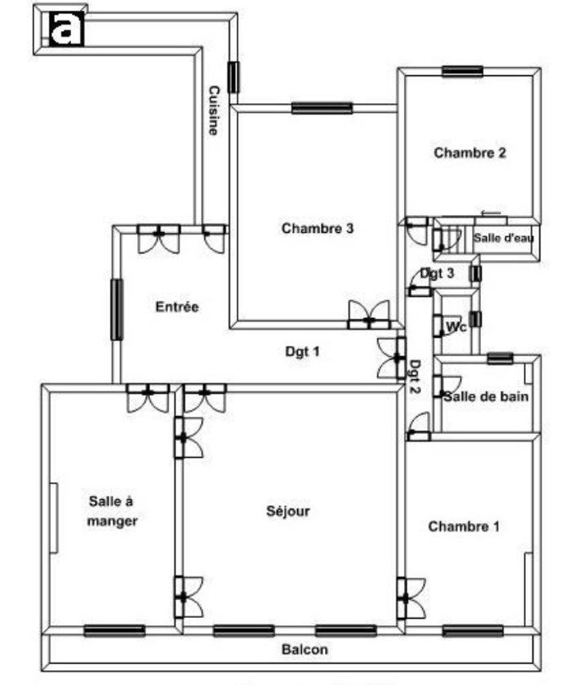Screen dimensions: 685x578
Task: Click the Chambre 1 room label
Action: point(463,526)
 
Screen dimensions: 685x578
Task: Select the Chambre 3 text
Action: point(318,228)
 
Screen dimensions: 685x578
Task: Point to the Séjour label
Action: point(288,512)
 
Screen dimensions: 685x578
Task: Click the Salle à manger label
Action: point(113,510)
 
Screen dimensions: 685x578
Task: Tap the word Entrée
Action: point(177,307)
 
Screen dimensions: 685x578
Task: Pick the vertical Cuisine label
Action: point(213,110)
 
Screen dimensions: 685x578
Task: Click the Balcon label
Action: point(305,650)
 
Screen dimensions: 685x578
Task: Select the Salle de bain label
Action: point(486,396)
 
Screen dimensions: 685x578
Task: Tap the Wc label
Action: point(455,327)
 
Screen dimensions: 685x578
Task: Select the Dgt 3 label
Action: point(438,273)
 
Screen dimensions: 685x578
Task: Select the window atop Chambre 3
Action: point(322,107)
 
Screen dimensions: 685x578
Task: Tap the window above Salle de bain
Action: point(500,357)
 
